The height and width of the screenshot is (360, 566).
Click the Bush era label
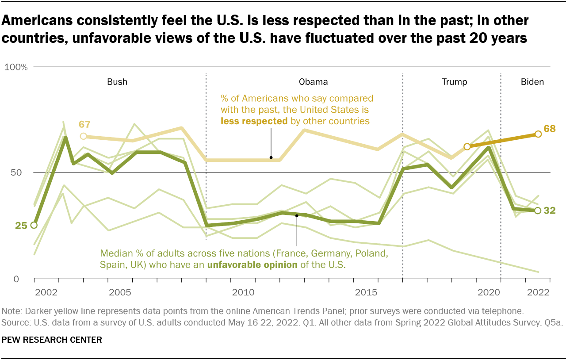tap(117, 82)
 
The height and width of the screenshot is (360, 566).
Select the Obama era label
tap(313, 82)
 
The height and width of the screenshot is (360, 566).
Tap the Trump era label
tap(455, 82)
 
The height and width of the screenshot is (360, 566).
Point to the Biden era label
tap(532, 82)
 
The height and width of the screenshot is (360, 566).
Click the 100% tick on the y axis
tap(16, 67)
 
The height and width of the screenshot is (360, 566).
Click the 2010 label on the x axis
tap(242, 292)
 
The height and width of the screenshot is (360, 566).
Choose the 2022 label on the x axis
tap(538, 292)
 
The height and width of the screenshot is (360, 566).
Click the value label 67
tap(85, 125)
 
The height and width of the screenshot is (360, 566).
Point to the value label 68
tap(549, 129)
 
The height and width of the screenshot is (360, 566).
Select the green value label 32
tap(549, 211)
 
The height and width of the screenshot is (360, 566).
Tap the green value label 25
tap(21, 226)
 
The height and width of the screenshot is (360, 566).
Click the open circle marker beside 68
tap(538, 134)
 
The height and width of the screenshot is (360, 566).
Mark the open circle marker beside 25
tap(34, 225)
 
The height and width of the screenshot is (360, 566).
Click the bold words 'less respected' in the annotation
tap(254, 121)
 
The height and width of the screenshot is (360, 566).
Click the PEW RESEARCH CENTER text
tap(52, 340)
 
